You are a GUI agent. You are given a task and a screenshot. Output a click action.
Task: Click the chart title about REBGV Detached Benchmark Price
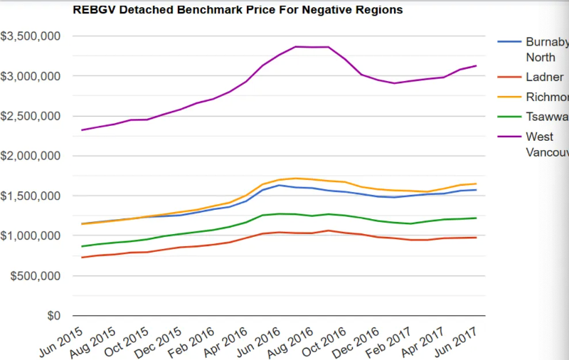point(238,10)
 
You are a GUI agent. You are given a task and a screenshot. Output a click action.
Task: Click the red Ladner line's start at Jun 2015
point(83,258)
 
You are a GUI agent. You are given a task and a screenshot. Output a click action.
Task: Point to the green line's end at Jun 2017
point(476,218)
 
